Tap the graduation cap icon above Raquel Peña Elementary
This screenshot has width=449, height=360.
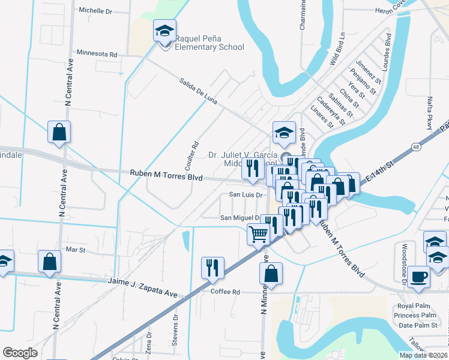coord(163,31)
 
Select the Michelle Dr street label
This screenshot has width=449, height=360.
coord(95,11)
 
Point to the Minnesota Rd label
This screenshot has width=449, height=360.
coord(97,54)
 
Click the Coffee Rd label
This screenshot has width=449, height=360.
coord(225,292)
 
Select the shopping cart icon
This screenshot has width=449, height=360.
coord(259,235)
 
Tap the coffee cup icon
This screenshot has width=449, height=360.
coord(419,277)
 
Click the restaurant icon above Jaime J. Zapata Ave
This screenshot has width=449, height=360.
coord(212,268)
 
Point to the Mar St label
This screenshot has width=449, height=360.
coord(76,249)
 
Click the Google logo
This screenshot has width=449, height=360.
coord(20,353)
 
